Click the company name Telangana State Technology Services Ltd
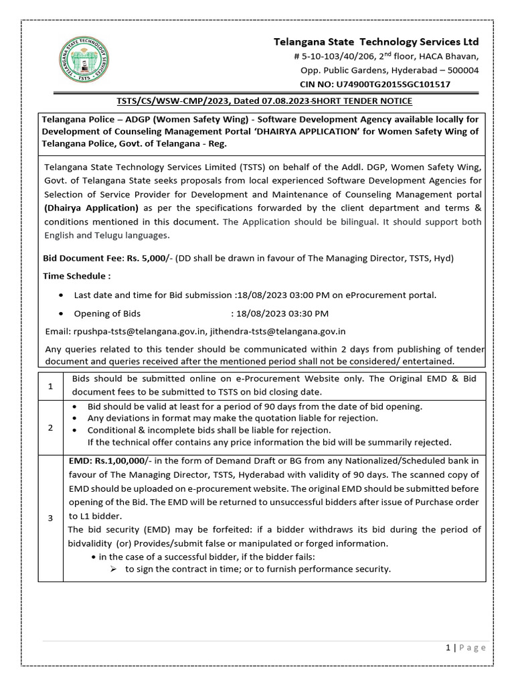[377, 42]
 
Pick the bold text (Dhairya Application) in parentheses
[92, 208]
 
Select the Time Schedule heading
[77, 276]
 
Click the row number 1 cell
[50, 386]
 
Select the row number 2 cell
[50, 428]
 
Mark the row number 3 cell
[50, 518]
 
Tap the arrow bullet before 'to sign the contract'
[113, 569]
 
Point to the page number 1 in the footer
[447, 647]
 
